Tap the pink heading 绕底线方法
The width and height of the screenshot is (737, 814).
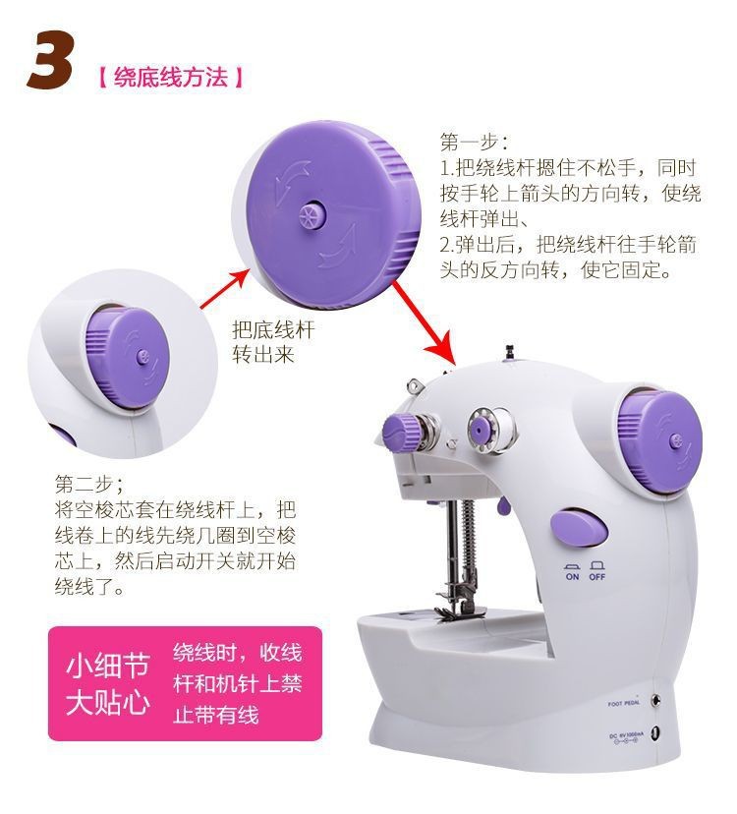170,76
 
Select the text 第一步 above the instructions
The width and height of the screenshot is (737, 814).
473,142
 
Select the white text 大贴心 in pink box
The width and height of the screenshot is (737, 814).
107,703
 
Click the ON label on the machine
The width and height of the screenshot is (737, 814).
572,577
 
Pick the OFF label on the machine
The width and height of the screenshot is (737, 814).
598,577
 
